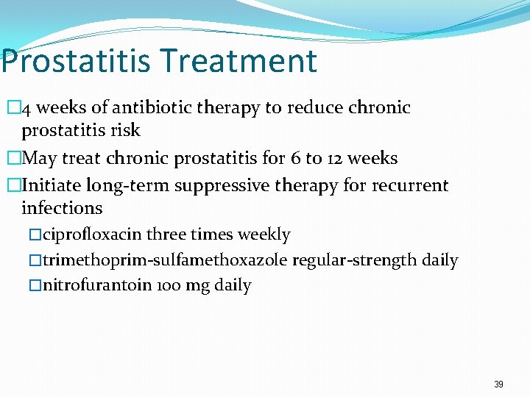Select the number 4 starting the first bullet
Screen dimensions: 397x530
click(26, 109)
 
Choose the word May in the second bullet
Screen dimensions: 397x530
click(40, 159)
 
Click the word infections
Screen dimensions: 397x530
click(62, 208)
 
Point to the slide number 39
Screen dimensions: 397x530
click(498, 385)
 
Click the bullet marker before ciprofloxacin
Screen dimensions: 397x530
click(36, 235)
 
